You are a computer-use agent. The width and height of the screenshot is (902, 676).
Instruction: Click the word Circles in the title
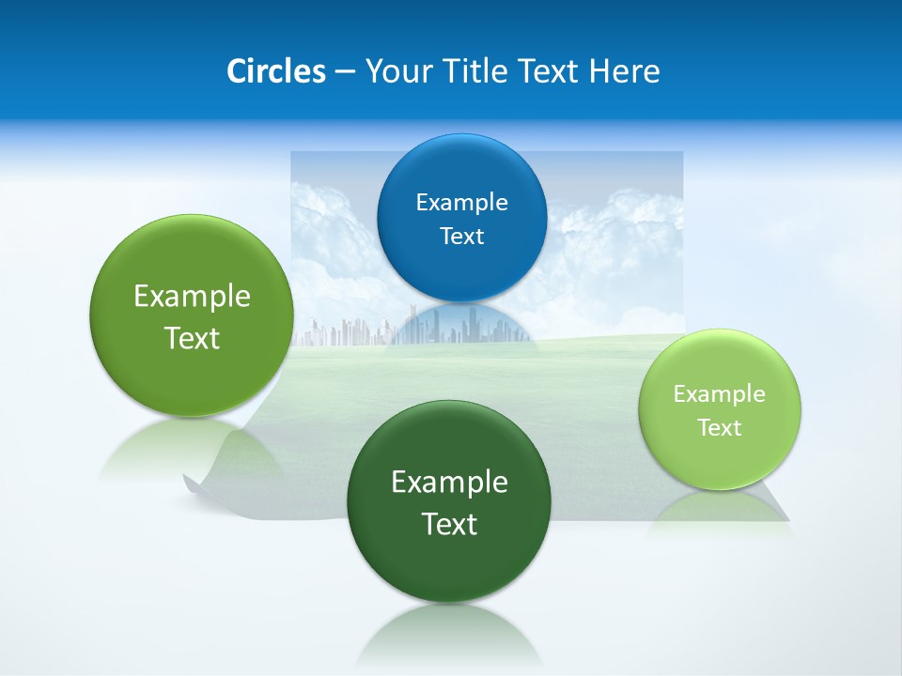[275, 71]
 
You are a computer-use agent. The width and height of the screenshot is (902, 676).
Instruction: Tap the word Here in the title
[624, 71]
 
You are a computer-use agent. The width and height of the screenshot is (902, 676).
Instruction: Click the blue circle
[461, 175]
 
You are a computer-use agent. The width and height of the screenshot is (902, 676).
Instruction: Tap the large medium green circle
[192, 376]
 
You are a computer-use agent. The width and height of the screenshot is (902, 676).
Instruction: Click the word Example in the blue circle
[461, 203]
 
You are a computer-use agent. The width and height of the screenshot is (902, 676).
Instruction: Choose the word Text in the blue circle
[461, 237]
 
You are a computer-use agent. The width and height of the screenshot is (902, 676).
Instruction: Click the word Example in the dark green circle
[449, 483]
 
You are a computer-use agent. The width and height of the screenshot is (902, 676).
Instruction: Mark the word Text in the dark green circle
[449, 524]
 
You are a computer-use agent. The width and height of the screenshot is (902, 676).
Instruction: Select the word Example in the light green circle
[719, 394]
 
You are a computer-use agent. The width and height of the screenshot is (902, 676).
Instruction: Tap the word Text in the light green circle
[720, 428]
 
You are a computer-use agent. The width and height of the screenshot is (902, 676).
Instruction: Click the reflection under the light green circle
[721, 512]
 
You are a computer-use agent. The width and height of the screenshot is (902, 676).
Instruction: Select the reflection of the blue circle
[461, 324]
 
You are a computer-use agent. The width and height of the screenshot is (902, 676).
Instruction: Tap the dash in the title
[345, 72]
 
